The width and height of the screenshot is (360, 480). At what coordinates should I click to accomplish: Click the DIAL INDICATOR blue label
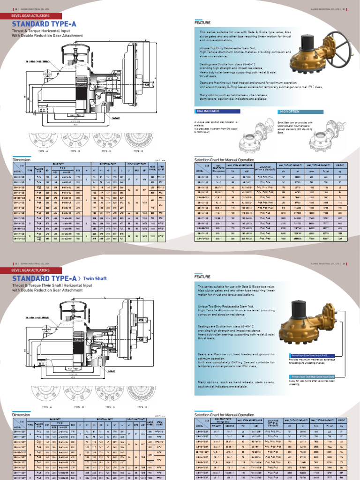tap(207, 112)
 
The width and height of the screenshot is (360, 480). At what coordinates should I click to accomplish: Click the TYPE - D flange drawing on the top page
tap(138, 139)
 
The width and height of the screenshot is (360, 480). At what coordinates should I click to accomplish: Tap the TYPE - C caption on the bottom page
tap(108, 406)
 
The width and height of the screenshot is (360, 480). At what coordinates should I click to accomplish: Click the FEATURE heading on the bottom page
tap(202, 277)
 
